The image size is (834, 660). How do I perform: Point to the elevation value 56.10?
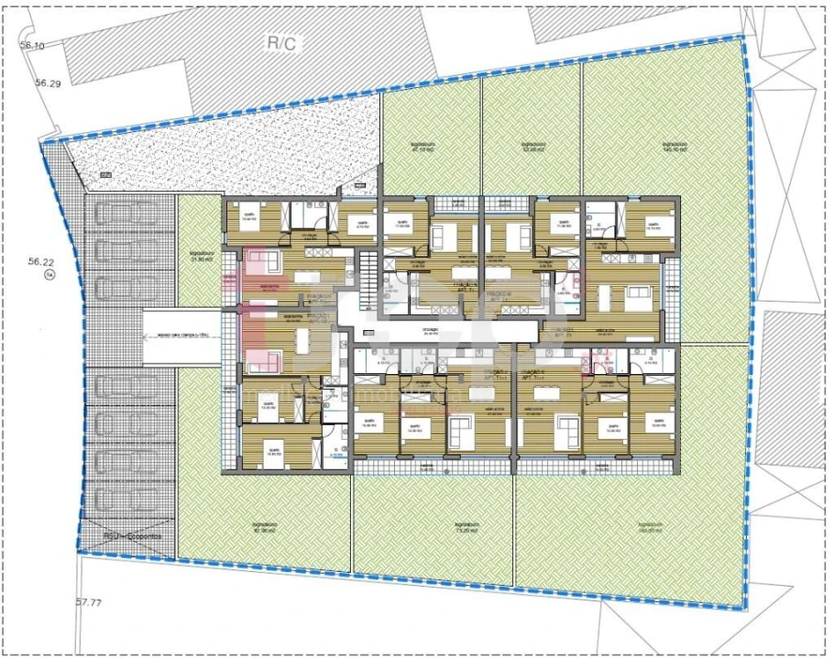click(33, 46)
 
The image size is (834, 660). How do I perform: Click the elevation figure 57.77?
click(88, 602)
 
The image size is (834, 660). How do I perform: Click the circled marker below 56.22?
click(51, 274)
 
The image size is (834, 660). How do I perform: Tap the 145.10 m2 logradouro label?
click(676, 147)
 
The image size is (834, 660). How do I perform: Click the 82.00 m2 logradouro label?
click(264, 529)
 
